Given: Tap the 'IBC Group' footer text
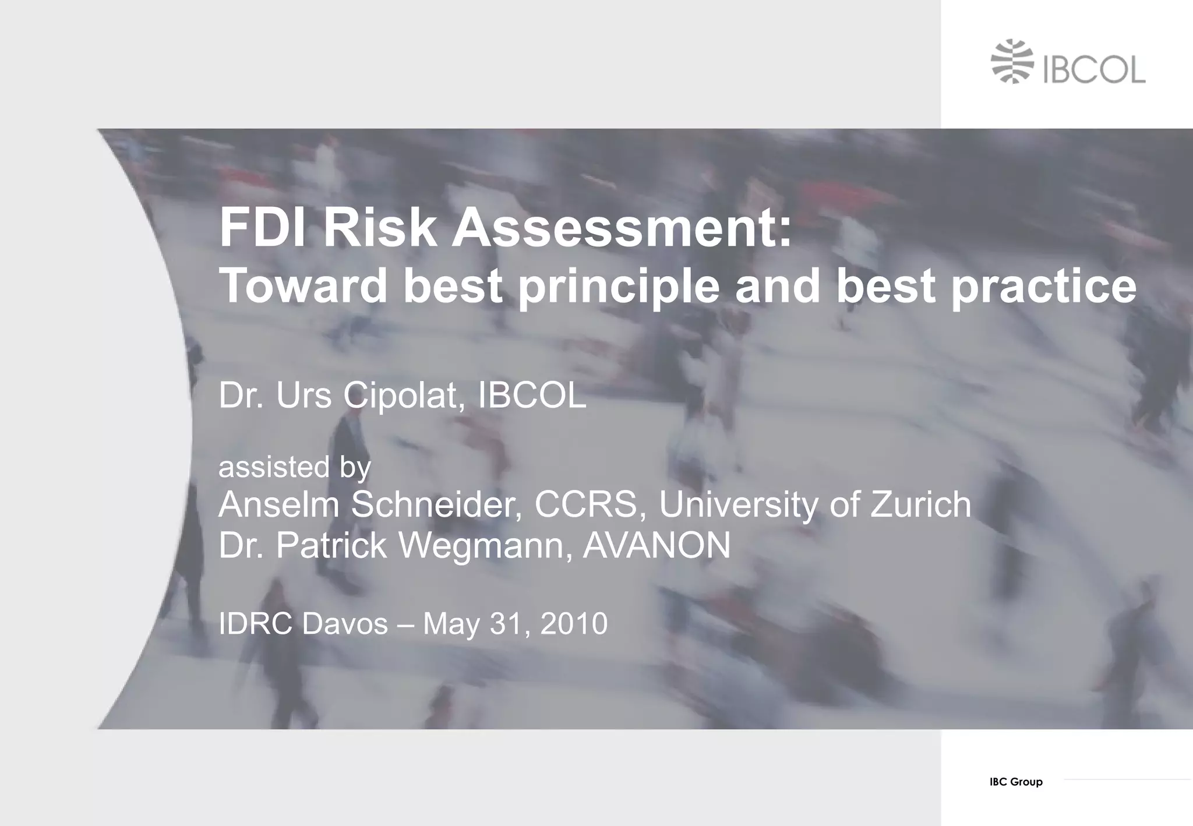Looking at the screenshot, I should [1016, 782].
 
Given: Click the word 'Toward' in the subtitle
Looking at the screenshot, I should [303, 286].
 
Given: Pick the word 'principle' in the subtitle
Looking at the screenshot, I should [619, 287].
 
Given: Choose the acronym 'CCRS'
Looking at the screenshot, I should [590, 504].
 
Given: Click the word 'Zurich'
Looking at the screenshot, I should [920, 504].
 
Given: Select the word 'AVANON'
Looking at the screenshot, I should [656, 546].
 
